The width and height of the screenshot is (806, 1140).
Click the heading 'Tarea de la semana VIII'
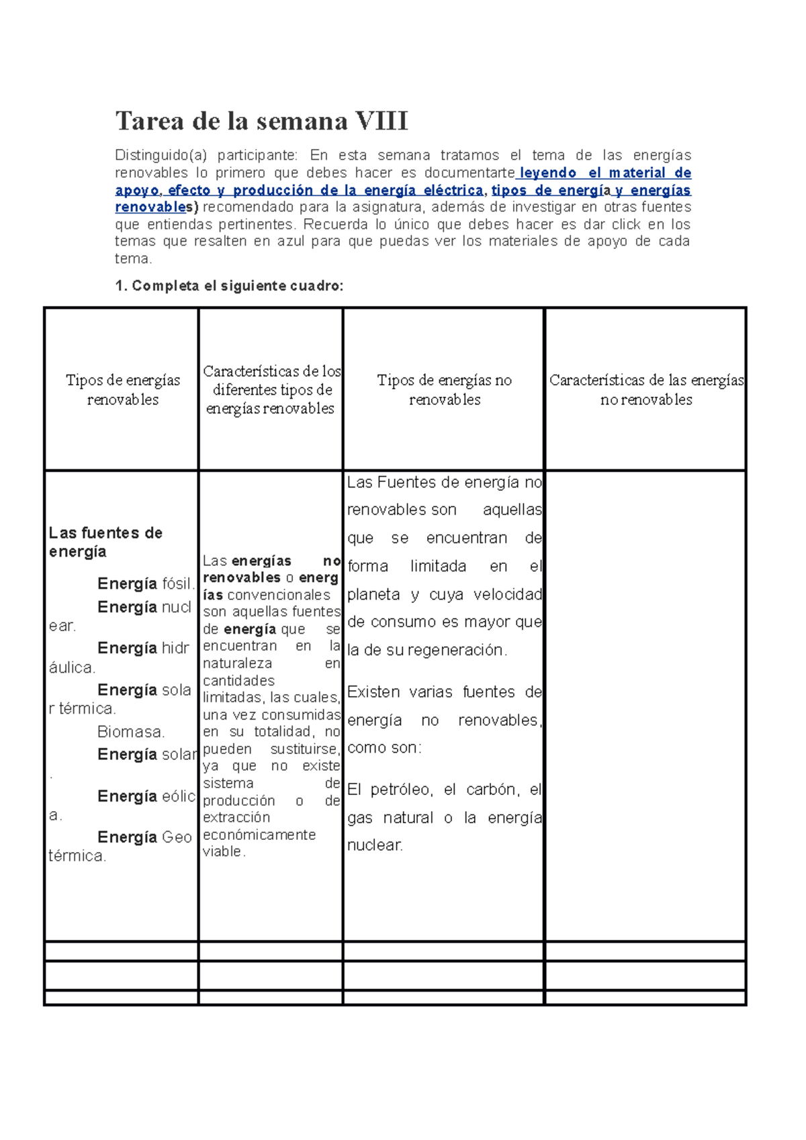coord(261,122)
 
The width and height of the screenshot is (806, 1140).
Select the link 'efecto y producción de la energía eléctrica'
coord(326,190)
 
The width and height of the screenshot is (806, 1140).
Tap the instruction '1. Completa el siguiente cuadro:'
coord(229,286)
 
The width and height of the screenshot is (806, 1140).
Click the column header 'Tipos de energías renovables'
coord(123,389)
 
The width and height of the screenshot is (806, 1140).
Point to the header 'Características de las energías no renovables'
coord(646,389)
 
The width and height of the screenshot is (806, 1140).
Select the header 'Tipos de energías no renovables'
coord(444,389)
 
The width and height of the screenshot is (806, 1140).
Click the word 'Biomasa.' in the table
coord(131,732)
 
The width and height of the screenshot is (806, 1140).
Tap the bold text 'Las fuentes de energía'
coord(105,542)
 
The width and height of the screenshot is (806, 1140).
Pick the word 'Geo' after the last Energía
coord(177,837)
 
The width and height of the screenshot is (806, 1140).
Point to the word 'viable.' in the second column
coord(224,852)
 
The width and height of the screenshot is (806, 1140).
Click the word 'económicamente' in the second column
coord(259,835)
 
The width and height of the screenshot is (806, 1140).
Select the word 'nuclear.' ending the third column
coord(375,845)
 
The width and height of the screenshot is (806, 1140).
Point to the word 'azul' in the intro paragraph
coord(291,241)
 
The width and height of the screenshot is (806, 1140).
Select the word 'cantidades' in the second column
coord(238,681)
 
